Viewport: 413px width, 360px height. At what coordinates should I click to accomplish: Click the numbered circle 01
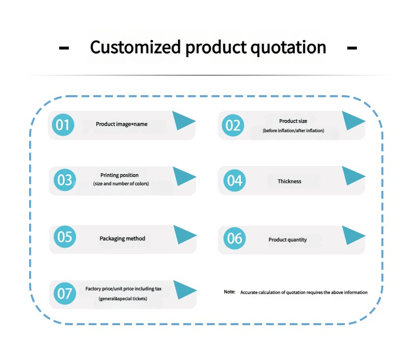63,125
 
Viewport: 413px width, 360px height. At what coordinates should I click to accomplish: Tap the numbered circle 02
233,125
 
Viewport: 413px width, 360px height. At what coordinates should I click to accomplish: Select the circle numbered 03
65,180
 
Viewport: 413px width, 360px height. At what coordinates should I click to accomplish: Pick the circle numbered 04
235,181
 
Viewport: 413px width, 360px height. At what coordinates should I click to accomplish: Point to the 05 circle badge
65,237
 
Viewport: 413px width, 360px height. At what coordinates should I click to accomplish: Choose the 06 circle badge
235,238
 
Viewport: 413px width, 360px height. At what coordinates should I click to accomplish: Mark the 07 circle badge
65,293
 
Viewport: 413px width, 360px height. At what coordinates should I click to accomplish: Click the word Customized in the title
135,47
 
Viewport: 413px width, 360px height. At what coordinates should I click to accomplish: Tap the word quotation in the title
288,48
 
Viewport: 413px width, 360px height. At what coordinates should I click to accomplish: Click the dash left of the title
64,48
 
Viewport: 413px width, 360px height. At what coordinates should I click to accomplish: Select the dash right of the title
352,48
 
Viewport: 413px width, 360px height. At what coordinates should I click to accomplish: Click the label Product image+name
121,124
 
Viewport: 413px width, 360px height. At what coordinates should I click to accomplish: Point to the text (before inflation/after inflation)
293,131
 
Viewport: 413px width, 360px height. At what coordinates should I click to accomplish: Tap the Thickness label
289,181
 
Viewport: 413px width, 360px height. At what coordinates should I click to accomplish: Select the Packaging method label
122,239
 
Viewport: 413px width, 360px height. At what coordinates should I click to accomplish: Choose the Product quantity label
288,240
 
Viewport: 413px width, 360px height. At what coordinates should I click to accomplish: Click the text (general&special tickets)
123,299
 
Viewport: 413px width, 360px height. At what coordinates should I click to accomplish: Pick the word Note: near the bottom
230,292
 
